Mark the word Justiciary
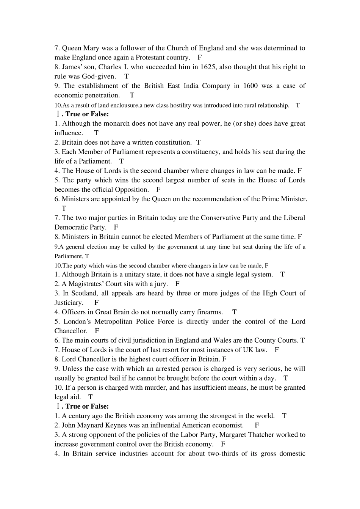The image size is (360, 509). (x=69, y=303)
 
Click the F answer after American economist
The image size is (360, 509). (x=257, y=425)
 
